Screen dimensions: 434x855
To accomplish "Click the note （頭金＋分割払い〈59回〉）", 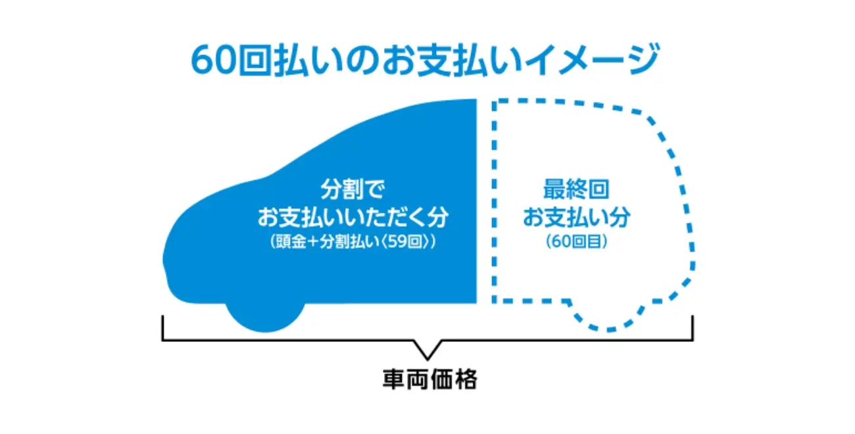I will point(354,241).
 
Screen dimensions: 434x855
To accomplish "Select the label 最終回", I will point(576,191).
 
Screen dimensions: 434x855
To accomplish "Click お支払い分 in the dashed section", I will point(576,216).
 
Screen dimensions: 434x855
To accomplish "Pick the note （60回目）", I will point(576,241).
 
